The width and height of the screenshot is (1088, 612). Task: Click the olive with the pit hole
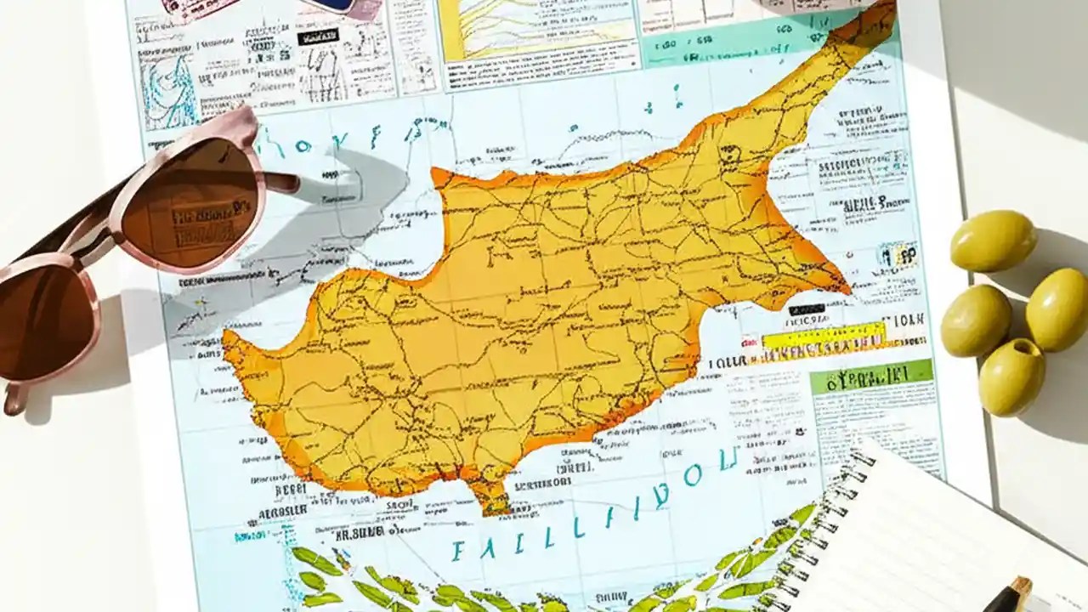pos(1011,376)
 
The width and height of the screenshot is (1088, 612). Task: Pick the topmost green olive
pos(993,241)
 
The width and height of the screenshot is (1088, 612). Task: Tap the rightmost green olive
pos(1057,308)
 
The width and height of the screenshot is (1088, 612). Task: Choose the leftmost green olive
pos(975,320)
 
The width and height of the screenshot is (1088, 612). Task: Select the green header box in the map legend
pos(870,376)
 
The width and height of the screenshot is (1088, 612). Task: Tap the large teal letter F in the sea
pos(459,551)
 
